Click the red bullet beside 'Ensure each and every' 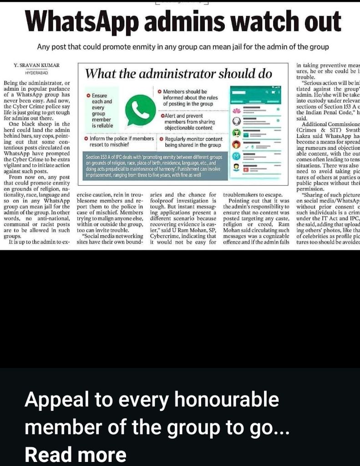88,96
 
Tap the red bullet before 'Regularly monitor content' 162,138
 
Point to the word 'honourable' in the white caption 227,400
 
